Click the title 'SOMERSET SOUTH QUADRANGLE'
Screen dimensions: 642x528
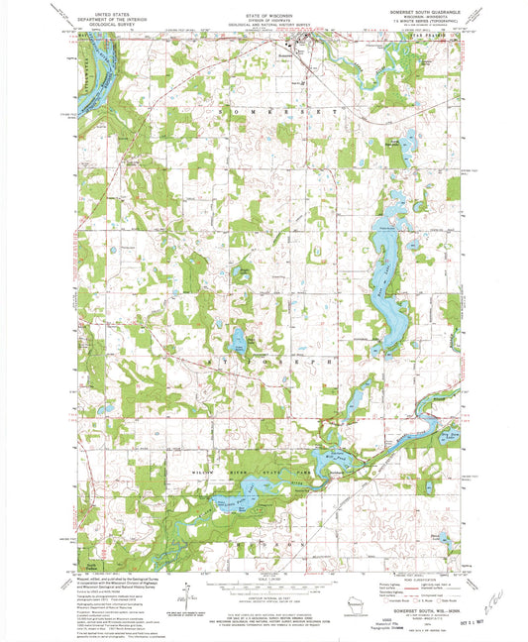pos(406,13)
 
